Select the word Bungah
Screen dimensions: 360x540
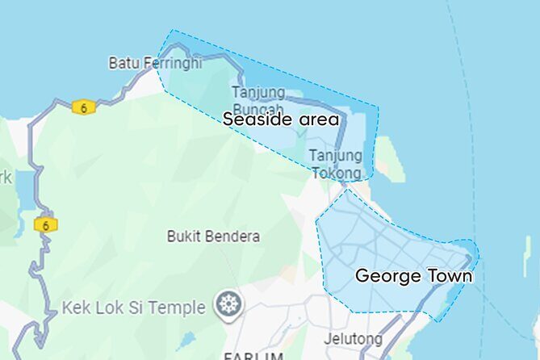258,107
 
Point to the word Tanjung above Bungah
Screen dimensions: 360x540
258,92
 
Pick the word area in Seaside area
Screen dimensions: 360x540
319,120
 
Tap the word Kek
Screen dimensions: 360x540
75,308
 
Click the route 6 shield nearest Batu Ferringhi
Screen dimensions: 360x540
82,107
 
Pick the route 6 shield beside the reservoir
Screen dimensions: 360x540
45,225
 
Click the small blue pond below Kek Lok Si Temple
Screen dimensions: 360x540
187,339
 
